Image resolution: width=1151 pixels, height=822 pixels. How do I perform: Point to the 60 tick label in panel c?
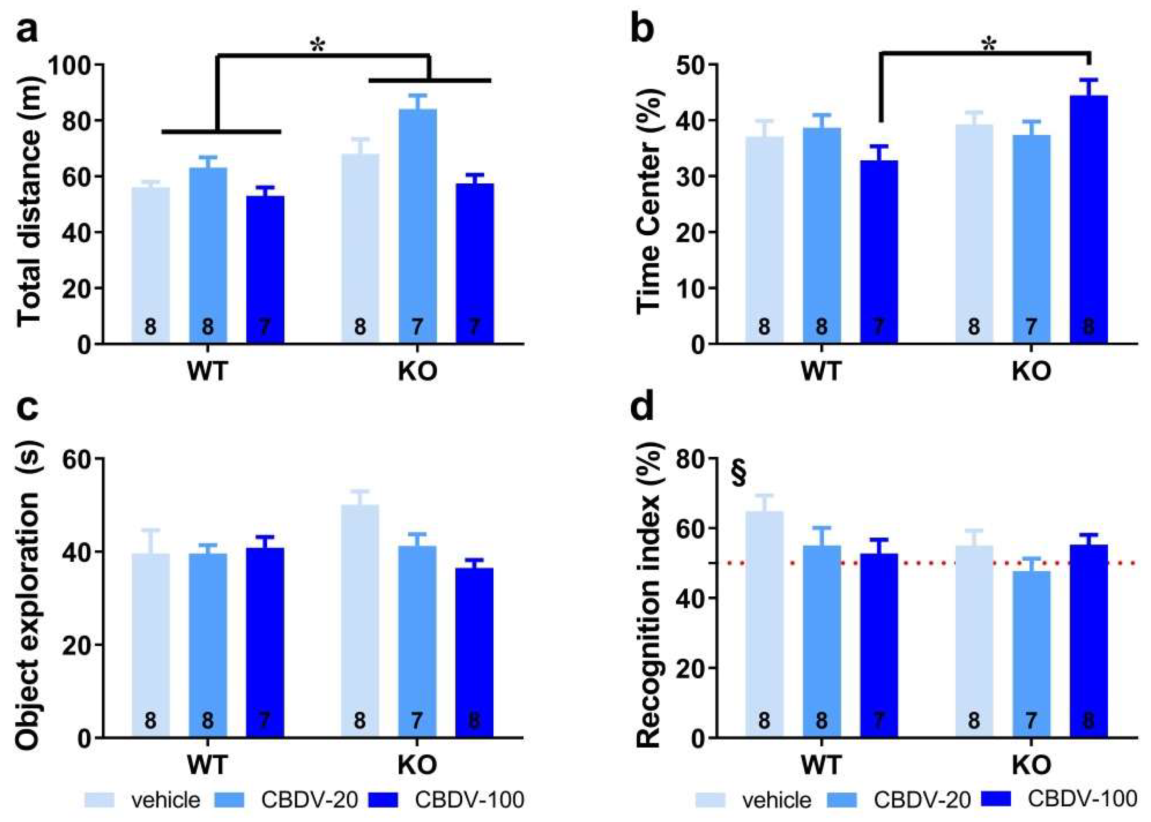77,458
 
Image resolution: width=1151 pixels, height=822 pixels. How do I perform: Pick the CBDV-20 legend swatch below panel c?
230,800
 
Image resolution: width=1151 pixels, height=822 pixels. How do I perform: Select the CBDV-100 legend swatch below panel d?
996,799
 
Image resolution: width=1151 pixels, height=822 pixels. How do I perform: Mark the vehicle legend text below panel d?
778,800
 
